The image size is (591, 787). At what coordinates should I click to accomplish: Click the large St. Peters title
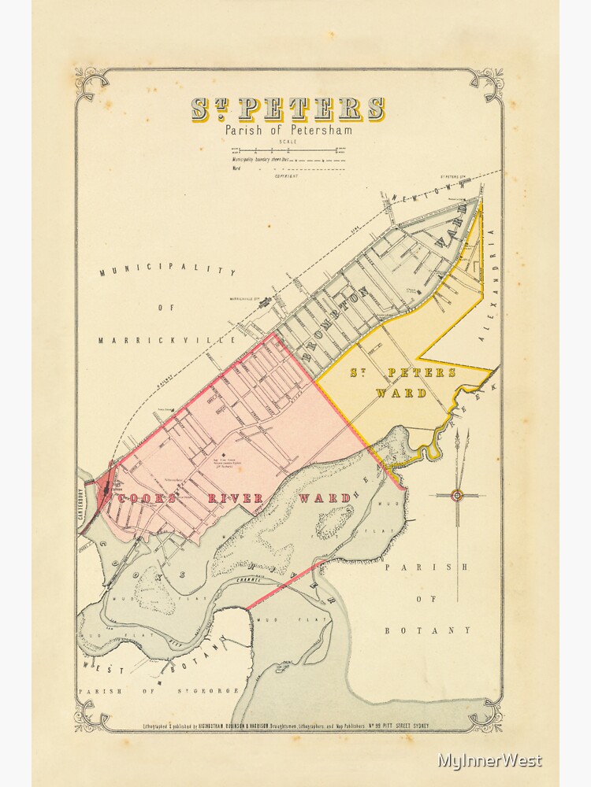(x=288, y=109)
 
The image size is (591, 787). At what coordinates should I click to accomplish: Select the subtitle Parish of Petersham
(x=288, y=130)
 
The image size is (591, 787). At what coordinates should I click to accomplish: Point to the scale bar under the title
(x=288, y=149)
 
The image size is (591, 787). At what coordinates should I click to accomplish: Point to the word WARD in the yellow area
(x=401, y=393)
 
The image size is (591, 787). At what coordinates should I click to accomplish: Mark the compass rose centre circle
(x=456, y=495)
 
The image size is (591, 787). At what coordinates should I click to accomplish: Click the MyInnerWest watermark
(x=489, y=761)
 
